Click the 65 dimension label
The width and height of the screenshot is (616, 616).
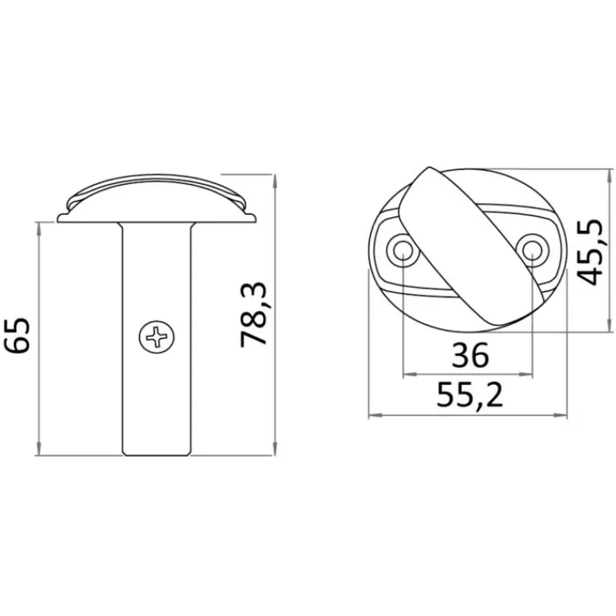(18, 335)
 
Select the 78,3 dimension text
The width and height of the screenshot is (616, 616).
(254, 314)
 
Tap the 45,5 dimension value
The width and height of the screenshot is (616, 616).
(591, 252)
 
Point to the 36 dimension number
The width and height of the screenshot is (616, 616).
(470, 355)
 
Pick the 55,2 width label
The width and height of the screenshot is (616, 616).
(470, 395)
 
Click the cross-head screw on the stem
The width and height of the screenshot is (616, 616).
(157, 336)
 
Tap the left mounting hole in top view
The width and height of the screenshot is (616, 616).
(402, 249)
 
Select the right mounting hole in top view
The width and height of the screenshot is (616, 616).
(533, 249)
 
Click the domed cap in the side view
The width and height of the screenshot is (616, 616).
(157, 198)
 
